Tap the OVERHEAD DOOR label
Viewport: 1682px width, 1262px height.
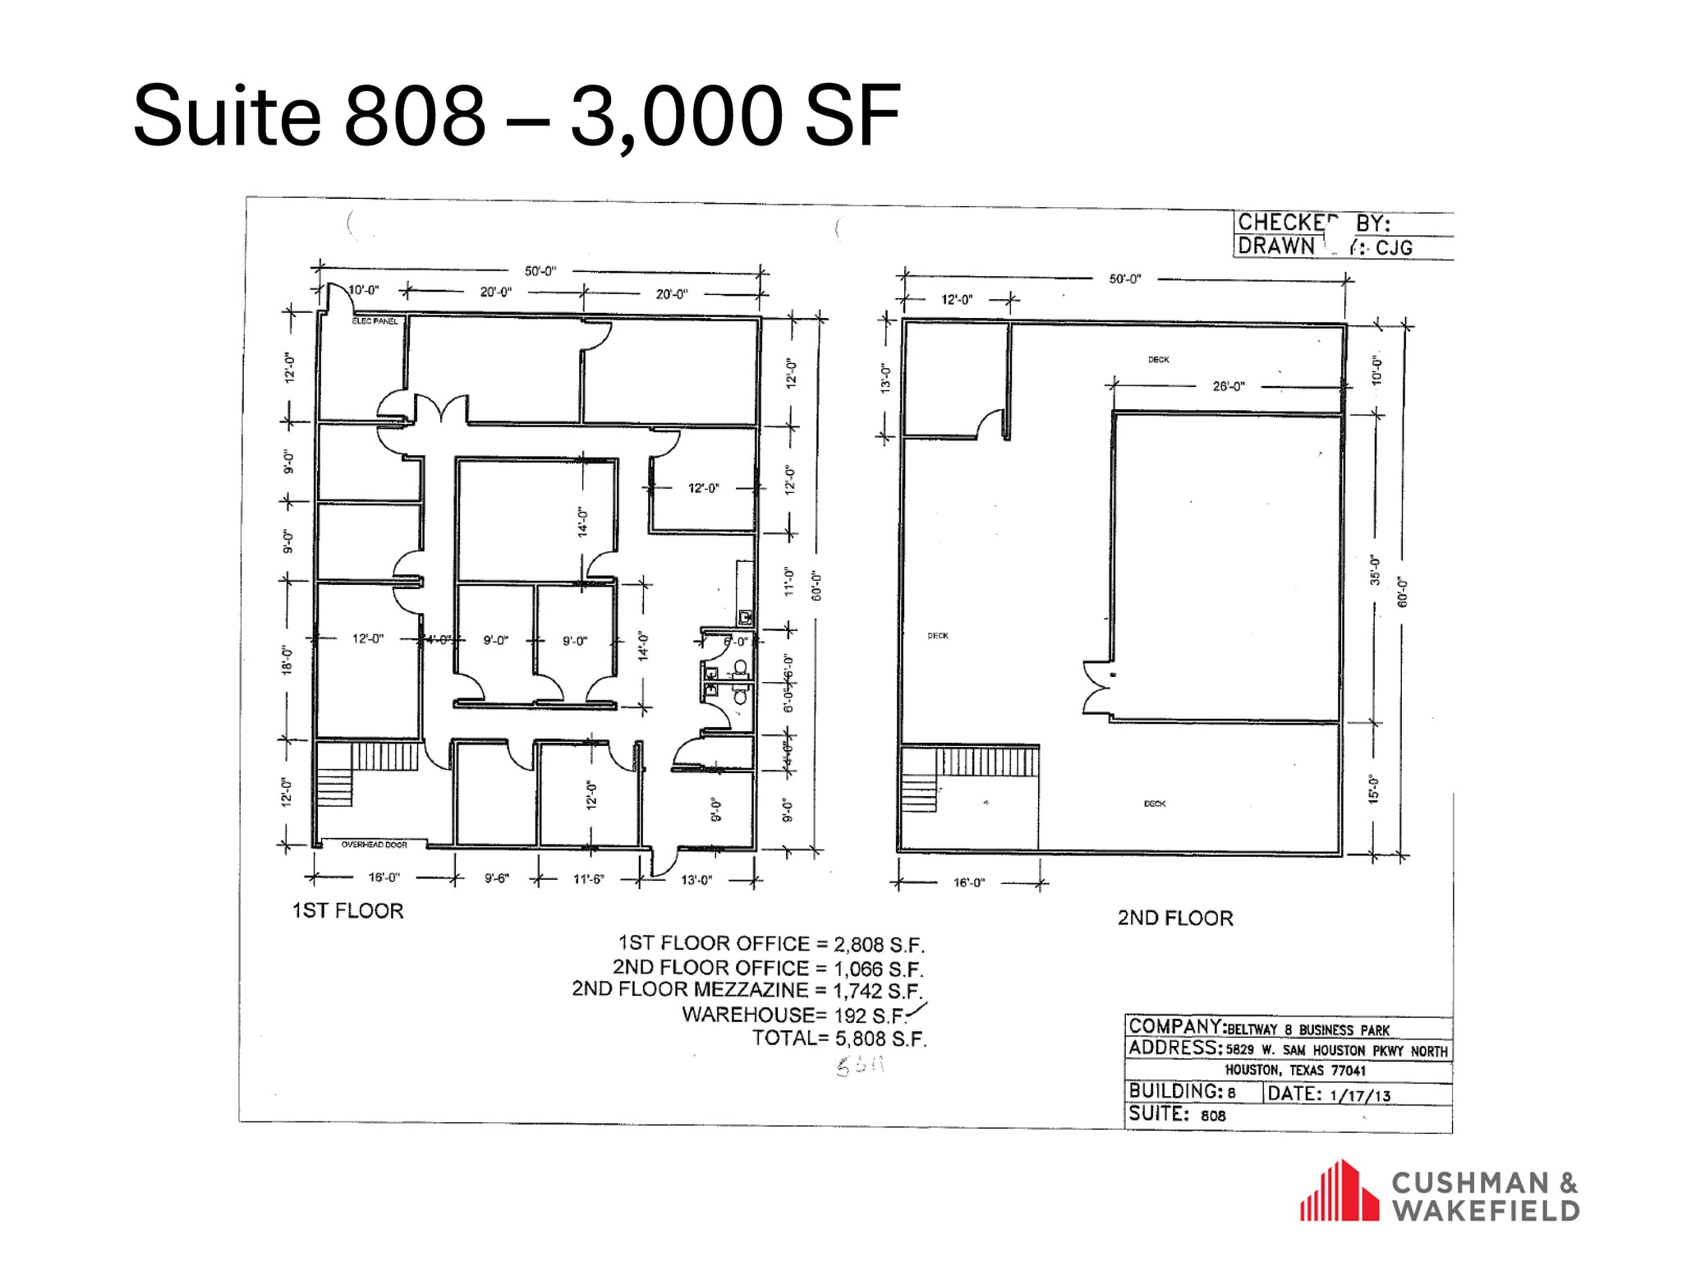coord(375,845)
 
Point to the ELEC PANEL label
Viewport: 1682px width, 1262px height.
coord(375,321)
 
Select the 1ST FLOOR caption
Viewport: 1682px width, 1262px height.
coord(348,911)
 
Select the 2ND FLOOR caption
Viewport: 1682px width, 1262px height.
coord(1175,919)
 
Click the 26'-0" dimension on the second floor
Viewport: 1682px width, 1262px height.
coord(1229,386)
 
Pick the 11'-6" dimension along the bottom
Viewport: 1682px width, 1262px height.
coord(588,879)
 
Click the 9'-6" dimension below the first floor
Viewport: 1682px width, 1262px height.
coord(496,878)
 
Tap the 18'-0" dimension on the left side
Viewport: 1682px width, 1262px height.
coord(287,660)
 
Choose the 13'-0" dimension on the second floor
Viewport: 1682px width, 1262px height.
coord(885,378)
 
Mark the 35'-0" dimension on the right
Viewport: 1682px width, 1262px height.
coord(1375,570)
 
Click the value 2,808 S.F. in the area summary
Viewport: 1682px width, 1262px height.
coord(879,945)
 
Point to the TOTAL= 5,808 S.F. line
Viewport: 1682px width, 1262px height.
coord(839,1039)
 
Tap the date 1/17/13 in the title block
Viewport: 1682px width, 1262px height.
coord(1360,1095)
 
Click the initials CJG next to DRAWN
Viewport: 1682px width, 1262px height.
coord(1394,247)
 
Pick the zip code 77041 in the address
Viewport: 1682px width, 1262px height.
coord(1348,1071)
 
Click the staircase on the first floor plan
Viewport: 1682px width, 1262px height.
coord(366,773)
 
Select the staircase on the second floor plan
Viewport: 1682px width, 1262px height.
coord(969,776)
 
